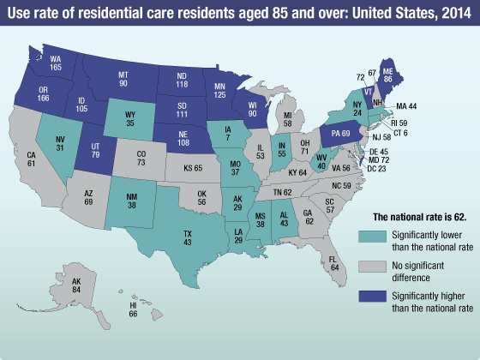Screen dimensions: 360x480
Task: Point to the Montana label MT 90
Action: click(123, 79)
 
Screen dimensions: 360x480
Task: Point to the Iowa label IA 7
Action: click(238, 131)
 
